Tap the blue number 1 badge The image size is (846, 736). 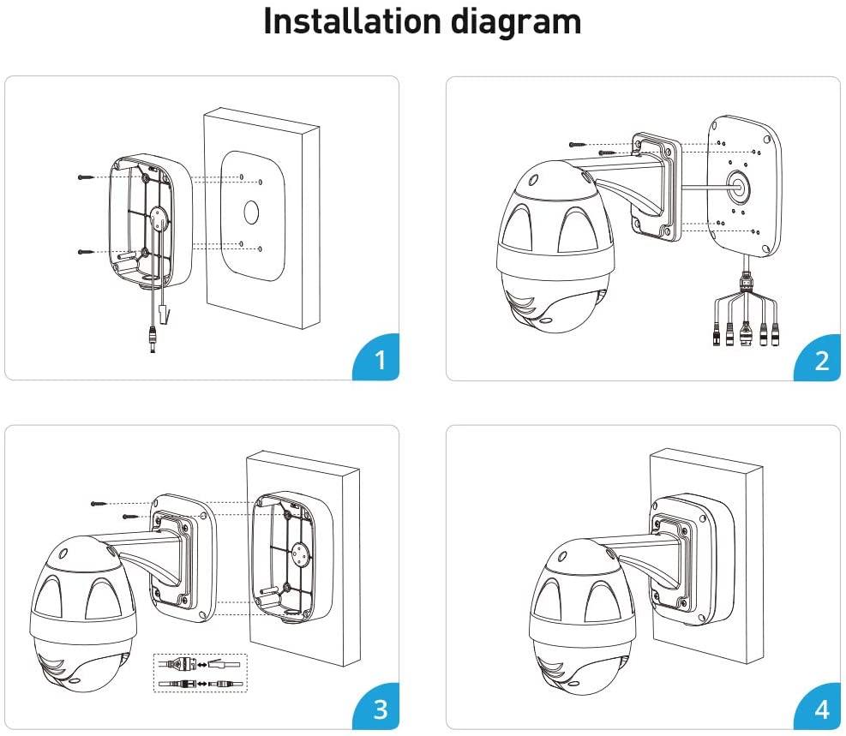pos(381,360)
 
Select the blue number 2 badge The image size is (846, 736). pos(821,360)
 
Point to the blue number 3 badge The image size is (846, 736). pos(381,709)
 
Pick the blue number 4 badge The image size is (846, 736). pos(821,709)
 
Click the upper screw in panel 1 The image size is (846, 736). pos(87,177)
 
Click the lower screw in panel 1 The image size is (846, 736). pos(87,252)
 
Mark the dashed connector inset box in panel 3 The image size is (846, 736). pos(200,673)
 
